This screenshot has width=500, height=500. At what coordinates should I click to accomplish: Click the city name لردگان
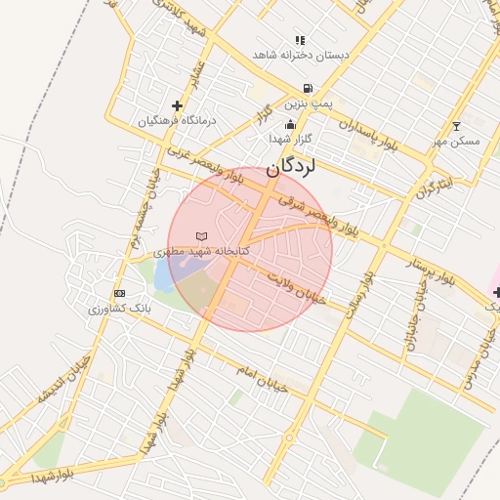pos(291,166)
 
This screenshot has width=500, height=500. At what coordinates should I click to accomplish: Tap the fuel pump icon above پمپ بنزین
pos(308,87)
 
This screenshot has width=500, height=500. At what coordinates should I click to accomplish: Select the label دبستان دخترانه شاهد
pos(300,55)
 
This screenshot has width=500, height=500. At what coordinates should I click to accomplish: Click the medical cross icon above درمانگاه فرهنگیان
pos(177,105)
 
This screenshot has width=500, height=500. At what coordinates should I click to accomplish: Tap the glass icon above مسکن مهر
pos(456,126)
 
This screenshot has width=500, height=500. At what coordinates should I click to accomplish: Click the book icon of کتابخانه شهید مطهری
pos(202,236)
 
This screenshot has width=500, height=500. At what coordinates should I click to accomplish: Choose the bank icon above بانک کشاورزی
pos(119,293)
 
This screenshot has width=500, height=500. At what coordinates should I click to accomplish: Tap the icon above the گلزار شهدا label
pos(290,124)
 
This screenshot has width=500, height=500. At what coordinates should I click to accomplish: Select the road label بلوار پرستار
pos(435,266)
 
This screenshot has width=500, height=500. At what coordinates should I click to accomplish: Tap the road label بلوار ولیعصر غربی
pos(203,166)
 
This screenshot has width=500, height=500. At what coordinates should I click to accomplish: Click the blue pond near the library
pos(163,275)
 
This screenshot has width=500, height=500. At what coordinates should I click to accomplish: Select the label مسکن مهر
pos(456,142)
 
